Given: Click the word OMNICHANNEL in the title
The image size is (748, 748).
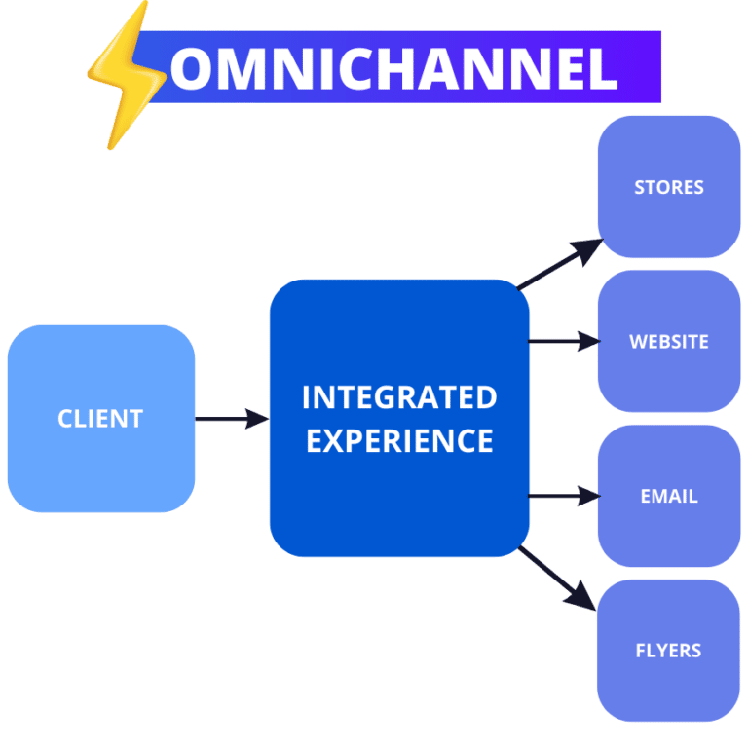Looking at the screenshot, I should pos(393,68).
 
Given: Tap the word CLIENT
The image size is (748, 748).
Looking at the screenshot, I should pos(100,419).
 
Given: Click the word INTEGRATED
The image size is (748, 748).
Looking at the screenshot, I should pos(399,397).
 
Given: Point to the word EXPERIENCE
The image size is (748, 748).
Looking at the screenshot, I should pos(399,440).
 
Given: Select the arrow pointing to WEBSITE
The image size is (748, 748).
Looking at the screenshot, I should pos(564,341).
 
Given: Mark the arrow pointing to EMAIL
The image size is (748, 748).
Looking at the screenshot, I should pos(564,496).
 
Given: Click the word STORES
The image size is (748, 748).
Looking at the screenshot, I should pos(669,187).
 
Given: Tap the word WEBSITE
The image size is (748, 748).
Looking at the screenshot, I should pos(669,342).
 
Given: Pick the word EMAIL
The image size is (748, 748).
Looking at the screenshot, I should pos(669,496).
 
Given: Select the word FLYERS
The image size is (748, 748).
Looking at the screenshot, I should pos(668,651).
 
